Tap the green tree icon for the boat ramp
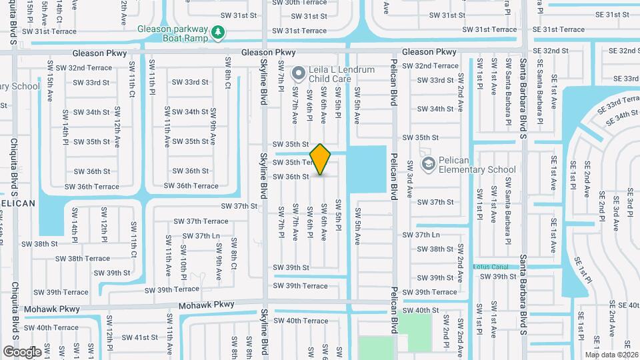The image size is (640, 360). tap(217, 31)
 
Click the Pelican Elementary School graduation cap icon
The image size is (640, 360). tap(427, 163)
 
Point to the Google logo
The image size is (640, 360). tap(22, 351)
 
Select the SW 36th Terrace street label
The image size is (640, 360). tap(191, 186)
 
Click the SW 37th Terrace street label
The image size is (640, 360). tap(201, 221)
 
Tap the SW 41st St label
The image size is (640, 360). tap(136, 337)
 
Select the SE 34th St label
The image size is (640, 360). tap(621, 118)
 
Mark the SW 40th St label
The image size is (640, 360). tap(421, 310)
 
